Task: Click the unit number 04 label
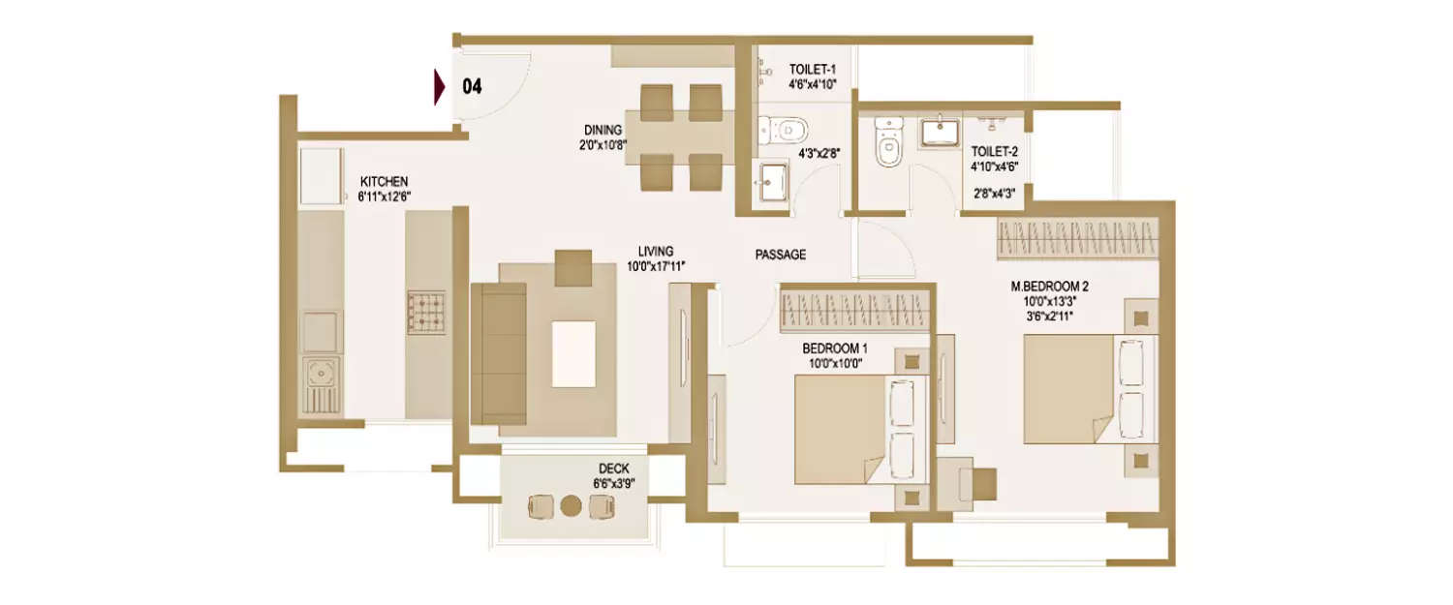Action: (x=472, y=87)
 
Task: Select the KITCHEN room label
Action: (x=384, y=182)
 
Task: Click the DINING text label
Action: (x=603, y=131)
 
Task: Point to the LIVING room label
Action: (x=656, y=251)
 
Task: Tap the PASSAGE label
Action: (x=780, y=256)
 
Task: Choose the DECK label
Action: (x=613, y=469)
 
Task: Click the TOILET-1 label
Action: (x=812, y=69)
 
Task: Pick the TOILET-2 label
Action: (x=994, y=151)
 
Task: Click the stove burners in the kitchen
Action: (x=426, y=313)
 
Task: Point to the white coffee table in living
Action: (x=573, y=354)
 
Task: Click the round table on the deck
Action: (x=572, y=505)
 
